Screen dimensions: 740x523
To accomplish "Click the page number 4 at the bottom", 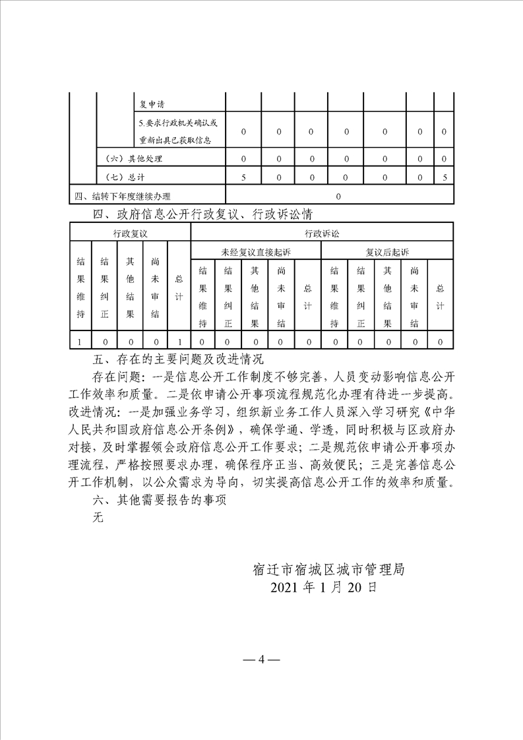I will (261, 659).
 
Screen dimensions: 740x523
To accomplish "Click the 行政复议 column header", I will (130, 233).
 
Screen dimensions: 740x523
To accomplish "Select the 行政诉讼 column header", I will (321, 233).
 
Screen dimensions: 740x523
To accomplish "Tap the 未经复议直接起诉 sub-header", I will (256, 252).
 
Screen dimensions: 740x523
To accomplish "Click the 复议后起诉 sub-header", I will (387, 252).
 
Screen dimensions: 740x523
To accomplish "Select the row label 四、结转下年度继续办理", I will (122, 196).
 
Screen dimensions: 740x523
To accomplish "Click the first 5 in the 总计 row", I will (243, 177).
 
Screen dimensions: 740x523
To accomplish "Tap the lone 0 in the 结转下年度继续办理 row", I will (339, 196).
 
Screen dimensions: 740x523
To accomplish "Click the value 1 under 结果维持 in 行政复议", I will (80, 342).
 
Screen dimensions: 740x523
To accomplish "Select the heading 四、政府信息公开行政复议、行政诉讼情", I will (203, 214).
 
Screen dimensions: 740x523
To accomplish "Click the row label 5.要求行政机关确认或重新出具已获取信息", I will (177, 132).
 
